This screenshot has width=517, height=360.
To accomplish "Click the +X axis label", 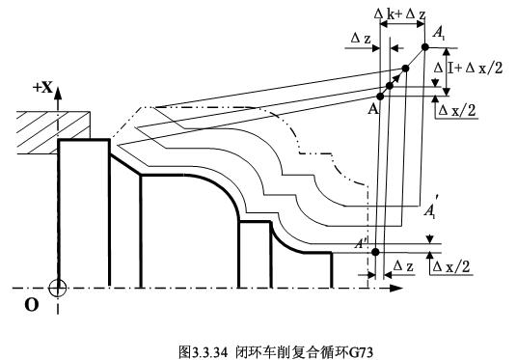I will [43, 88].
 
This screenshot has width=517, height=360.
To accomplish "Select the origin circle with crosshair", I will [58, 287].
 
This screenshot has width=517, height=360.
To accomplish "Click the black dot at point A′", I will [374, 252].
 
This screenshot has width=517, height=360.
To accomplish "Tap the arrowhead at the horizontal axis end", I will [397, 287].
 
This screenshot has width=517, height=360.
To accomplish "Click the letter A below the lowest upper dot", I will [372, 108].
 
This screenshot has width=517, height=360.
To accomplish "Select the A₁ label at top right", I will [439, 34].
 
